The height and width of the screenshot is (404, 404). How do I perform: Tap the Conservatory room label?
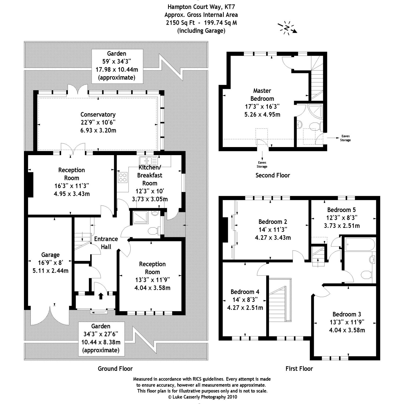pos(98,114)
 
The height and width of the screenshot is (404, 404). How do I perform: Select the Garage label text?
pos(50,255)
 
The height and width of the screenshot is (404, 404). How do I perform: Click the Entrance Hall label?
pos(106,243)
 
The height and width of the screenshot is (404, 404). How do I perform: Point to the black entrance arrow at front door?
pos(101,296)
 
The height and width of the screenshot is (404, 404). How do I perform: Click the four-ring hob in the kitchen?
pos(123,177)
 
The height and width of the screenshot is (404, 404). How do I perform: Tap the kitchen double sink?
pos(148,161)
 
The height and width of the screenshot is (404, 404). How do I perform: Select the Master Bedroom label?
pos(262,95)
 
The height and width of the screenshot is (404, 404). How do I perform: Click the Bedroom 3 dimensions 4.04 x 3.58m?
pos(347,330)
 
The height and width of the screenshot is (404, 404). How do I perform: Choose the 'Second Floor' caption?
pos(273,175)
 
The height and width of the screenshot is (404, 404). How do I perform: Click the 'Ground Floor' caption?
pos(115,368)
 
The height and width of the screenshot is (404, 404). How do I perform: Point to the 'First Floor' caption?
pos(299,368)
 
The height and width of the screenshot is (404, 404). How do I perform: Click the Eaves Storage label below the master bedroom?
pos(262,165)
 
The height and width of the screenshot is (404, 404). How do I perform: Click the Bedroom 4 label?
pos(245,292)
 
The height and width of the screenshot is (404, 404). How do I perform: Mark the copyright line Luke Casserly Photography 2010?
pos(202,397)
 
